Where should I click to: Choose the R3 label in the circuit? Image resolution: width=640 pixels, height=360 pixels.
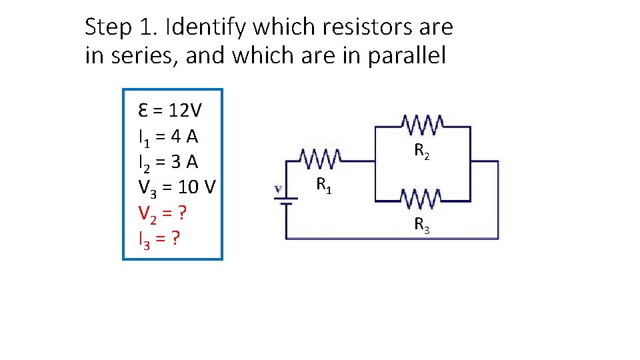pyautogui.click(x=421, y=225)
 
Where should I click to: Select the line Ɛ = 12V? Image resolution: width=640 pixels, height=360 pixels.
pyautogui.click(x=171, y=110)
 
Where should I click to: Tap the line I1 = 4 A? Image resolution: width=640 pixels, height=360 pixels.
pyautogui.click(x=168, y=137)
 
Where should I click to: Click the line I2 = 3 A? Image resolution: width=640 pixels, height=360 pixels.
pyautogui.click(x=168, y=162)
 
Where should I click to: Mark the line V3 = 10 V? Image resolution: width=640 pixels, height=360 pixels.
pyautogui.click(x=177, y=188)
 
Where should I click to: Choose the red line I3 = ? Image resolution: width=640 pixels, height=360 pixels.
pyautogui.click(x=159, y=238)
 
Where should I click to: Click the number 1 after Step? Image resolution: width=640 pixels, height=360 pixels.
pyautogui.click(x=147, y=28)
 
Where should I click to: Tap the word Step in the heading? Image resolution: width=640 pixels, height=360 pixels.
pyautogui.click(x=109, y=28)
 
